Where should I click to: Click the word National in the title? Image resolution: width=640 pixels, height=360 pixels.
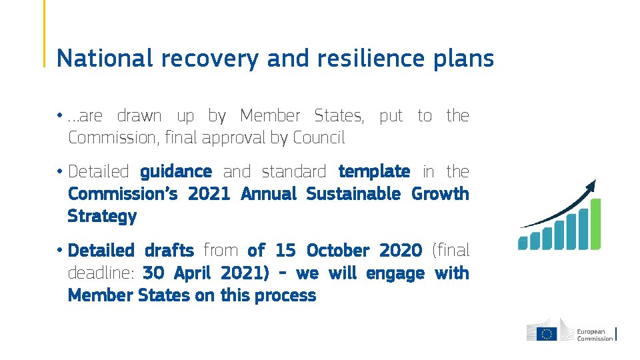point(104,59)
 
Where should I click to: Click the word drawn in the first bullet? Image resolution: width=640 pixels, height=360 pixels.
point(139,116)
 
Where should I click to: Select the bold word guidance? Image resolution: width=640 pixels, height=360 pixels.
point(176,172)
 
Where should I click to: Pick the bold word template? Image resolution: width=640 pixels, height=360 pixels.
point(374,172)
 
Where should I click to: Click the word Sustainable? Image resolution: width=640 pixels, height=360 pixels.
point(353,194)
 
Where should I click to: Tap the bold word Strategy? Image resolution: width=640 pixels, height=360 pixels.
point(102,217)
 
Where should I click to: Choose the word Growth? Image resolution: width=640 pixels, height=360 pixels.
point(440,194)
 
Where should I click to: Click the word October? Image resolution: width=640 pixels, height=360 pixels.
point(337,251)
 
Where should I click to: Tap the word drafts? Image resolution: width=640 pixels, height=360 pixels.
point(169,251)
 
